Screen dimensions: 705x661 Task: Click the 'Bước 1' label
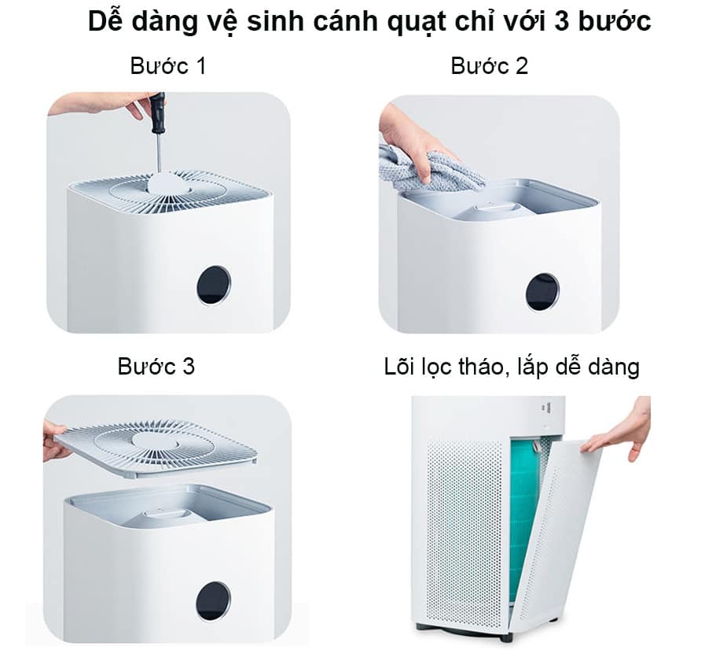[x=168, y=66]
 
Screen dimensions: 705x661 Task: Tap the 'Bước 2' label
[x=489, y=66]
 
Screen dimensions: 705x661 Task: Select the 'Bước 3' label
[x=156, y=366]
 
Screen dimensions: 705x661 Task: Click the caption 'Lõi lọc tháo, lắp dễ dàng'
[x=512, y=367]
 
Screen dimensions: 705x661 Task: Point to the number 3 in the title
[x=562, y=20]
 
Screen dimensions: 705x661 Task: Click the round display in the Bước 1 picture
[x=214, y=285]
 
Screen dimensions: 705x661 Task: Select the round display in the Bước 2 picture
[x=542, y=291]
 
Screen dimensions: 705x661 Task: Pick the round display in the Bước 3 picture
[x=213, y=600]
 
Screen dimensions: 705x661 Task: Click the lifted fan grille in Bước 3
[x=155, y=448]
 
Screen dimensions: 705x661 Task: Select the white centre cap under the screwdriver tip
[x=171, y=183]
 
